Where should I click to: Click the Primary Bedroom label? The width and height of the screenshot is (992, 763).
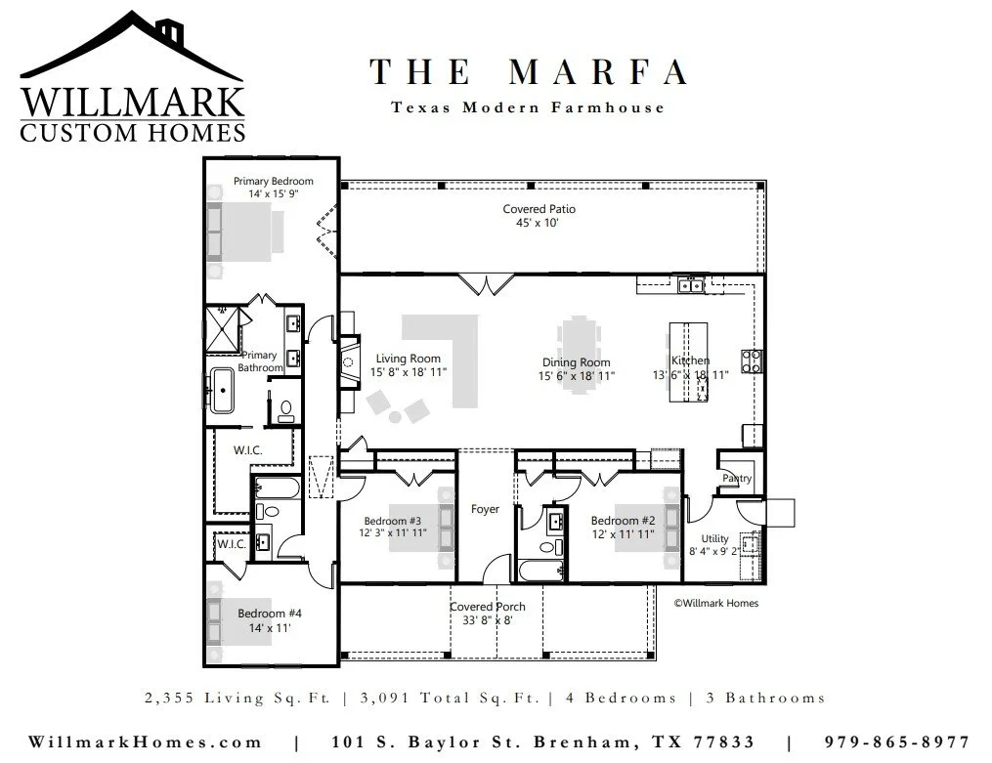pyautogui.click(x=274, y=181)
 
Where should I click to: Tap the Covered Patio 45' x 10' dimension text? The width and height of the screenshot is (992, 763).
pyautogui.click(x=538, y=223)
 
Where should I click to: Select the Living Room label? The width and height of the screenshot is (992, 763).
pyautogui.click(x=409, y=359)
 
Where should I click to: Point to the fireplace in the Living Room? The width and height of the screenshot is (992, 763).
pyautogui.click(x=349, y=362)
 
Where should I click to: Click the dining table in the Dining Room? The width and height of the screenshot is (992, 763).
pyautogui.click(x=579, y=355)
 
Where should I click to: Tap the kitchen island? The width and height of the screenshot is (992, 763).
pyautogui.click(x=688, y=361)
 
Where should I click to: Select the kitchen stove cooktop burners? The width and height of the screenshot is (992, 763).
pyautogui.click(x=752, y=360)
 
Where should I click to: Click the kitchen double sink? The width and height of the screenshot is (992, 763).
pyautogui.click(x=690, y=285)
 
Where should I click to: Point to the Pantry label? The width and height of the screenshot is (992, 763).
pyautogui.click(x=737, y=479)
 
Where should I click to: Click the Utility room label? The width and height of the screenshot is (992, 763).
pyautogui.click(x=714, y=538)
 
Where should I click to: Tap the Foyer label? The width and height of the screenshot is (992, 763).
pyautogui.click(x=485, y=509)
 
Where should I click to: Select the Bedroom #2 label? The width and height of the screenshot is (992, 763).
pyautogui.click(x=624, y=521)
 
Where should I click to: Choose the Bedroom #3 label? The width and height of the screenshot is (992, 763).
pyautogui.click(x=392, y=521)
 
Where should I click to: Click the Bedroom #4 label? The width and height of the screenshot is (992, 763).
pyautogui.click(x=270, y=614)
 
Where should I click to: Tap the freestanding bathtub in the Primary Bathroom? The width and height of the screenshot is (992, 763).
pyautogui.click(x=222, y=391)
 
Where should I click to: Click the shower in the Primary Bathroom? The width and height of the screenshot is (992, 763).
pyautogui.click(x=223, y=329)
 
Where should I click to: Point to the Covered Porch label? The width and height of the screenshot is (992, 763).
pyautogui.click(x=487, y=607)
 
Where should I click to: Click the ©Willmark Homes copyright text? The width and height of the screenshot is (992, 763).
pyautogui.click(x=716, y=603)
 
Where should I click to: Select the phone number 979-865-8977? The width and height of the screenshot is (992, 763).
pyautogui.click(x=896, y=742)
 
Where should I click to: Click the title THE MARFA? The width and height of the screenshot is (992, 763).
pyautogui.click(x=529, y=72)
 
